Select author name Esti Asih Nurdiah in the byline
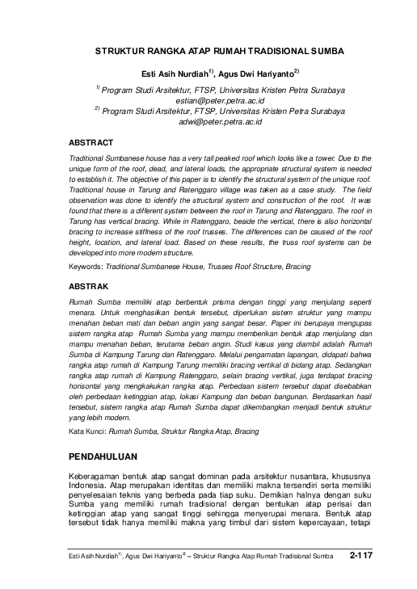[x=175, y=72]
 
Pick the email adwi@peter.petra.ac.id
[x=221, y=121]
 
